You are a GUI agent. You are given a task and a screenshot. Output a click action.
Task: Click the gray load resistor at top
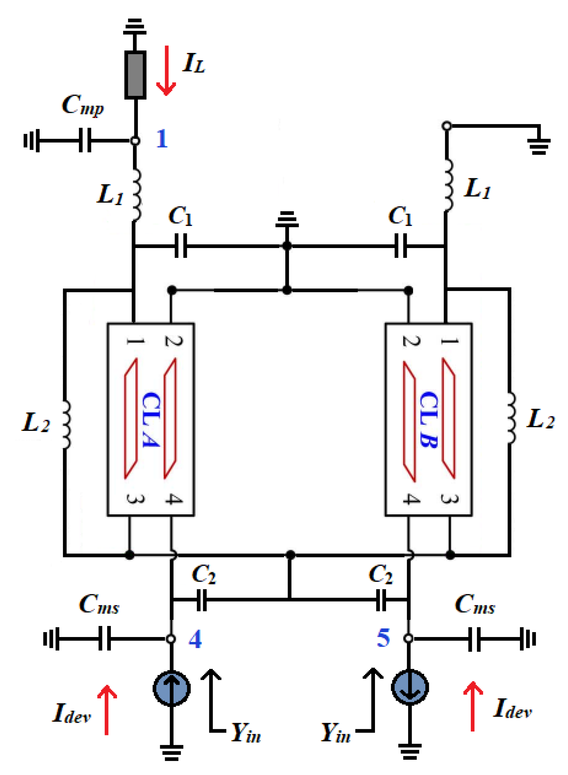click(135, 75)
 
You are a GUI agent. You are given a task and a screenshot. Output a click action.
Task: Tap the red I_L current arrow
click(166, 70)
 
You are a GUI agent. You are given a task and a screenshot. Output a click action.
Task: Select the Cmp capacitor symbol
click(85, 140)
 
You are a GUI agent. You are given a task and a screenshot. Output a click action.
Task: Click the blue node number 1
click(162, 139)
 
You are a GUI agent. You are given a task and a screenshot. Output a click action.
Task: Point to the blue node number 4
click(195, 639)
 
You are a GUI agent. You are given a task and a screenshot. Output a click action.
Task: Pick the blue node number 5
click(383, 638)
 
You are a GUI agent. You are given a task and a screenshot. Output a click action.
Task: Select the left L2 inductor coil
click(66, 424)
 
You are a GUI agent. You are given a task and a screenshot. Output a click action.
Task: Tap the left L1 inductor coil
click(136, 195)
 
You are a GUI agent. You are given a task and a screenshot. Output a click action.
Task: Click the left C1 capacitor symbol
click(181, 246)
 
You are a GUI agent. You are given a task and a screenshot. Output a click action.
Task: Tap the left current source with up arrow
click(172, 688)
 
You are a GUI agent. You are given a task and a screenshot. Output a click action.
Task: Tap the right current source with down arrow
click(409, 687)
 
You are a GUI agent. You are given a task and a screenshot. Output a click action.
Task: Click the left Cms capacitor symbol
click(105, 638)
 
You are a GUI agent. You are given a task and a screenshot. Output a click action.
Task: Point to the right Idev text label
click(512, 708)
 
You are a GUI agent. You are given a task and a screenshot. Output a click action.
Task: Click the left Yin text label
click(246, 732)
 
